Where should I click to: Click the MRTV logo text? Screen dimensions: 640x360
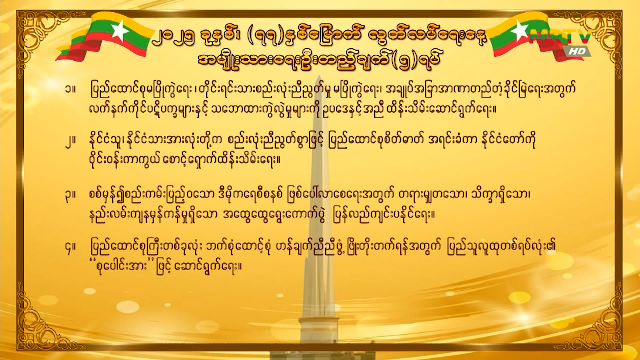560,36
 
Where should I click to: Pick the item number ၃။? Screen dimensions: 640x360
70,196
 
